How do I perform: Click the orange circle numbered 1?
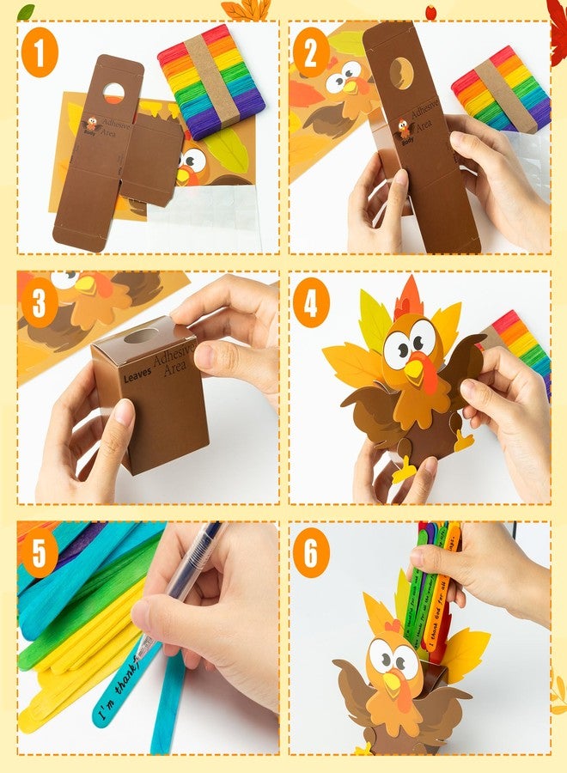point(40,53)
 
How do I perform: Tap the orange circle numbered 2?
point(311,53)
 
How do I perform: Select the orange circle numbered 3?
point(40,306)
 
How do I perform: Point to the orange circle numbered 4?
point(311,306)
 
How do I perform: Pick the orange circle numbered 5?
point(40,555)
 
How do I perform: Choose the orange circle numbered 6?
point(311,555)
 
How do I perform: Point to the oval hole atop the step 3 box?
point(141,336)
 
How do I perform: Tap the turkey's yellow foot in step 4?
point(405,468)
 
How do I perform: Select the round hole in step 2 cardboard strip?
point(401,73)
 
